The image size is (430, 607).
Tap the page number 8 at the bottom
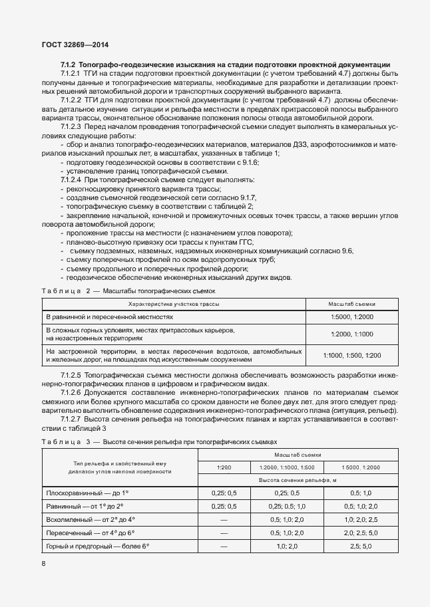point(43,564)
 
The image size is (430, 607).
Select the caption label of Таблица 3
point(61,441)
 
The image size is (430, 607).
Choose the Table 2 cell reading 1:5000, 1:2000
point(352,317)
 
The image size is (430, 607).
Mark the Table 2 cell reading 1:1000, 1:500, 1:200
point(352,356)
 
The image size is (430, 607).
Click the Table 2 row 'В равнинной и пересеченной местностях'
point(109,317)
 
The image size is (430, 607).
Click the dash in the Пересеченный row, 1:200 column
point(224,533)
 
